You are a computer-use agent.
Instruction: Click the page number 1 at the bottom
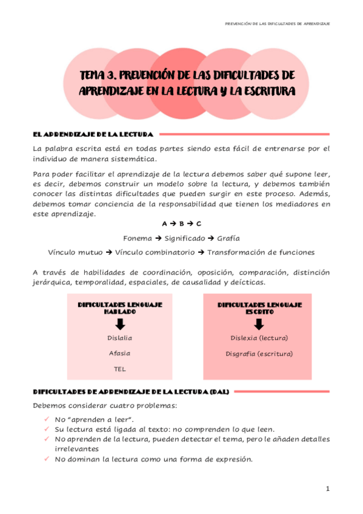[327, 489]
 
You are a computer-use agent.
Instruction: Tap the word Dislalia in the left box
[119, 338]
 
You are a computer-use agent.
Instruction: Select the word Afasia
[119, 353]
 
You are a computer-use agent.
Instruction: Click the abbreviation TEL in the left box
[119, 368]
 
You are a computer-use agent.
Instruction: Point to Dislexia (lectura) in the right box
[259, 338]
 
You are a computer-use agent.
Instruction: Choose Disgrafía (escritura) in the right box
[259, 353]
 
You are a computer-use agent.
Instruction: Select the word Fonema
[138, 238]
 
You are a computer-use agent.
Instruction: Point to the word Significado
[181, 238]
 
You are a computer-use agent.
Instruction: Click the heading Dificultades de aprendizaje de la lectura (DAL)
[130, 392]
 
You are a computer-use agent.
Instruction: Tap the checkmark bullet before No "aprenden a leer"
[47, 419]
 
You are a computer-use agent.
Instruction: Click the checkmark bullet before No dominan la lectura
[47, 459]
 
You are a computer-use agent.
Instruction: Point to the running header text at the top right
[277, 24]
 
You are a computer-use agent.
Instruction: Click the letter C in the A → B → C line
[199, 224]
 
